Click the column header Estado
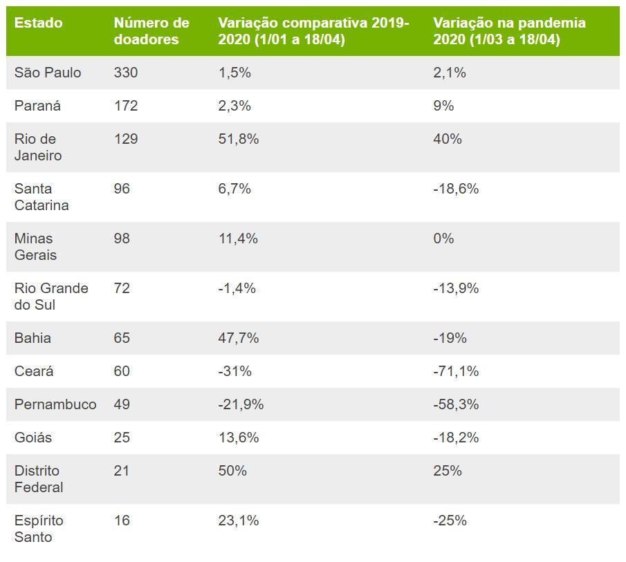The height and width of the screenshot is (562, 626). tap(38, 23)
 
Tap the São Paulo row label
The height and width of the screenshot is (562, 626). tap(48, 73)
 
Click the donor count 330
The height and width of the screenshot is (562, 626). tap(126, 73)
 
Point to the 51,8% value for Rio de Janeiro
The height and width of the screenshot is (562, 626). tap(238, 139)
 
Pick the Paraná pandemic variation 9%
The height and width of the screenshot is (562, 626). tap(443, 106)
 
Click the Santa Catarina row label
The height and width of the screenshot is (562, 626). tap(42, 196)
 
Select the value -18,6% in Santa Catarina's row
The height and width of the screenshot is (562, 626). tap(456, 189)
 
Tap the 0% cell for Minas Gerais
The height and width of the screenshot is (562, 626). tap(443, 238)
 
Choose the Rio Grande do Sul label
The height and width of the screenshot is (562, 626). tap(51, 296)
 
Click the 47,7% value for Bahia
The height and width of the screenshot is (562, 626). tap(238, 338)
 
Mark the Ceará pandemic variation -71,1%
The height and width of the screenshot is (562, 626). tap(456, 371)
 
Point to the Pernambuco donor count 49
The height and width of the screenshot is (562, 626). tap(122, 404)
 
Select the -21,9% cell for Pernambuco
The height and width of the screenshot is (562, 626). tap(241, 404)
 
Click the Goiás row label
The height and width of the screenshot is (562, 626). tap(33, 438)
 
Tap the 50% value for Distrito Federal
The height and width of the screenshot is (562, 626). tap(232, 471)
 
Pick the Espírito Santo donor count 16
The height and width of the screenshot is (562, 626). tap(122, 521)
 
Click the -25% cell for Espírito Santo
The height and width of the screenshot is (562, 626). tap(450, 521)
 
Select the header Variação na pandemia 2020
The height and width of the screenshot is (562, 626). tap(509, 31)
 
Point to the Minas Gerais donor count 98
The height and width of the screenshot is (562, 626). tap(122, 238)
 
